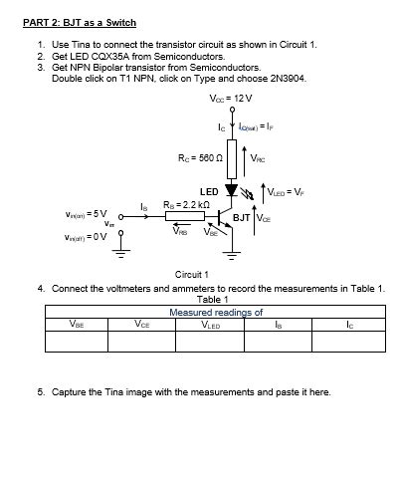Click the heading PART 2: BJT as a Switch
tap(79, 22)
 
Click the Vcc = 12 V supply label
tap(231, 99)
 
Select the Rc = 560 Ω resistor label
tap(195, 157)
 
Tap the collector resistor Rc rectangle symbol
tap(232, 156)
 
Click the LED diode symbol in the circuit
tap(232, 189)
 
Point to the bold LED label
tap(209, 189)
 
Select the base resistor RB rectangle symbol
tap(184, 216)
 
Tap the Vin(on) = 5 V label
tap(86, 214)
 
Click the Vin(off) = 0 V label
tap(86, 236)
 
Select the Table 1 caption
tap(214, 299)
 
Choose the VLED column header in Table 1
tap(211, 323)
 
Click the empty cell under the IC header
tap(348, 342)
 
